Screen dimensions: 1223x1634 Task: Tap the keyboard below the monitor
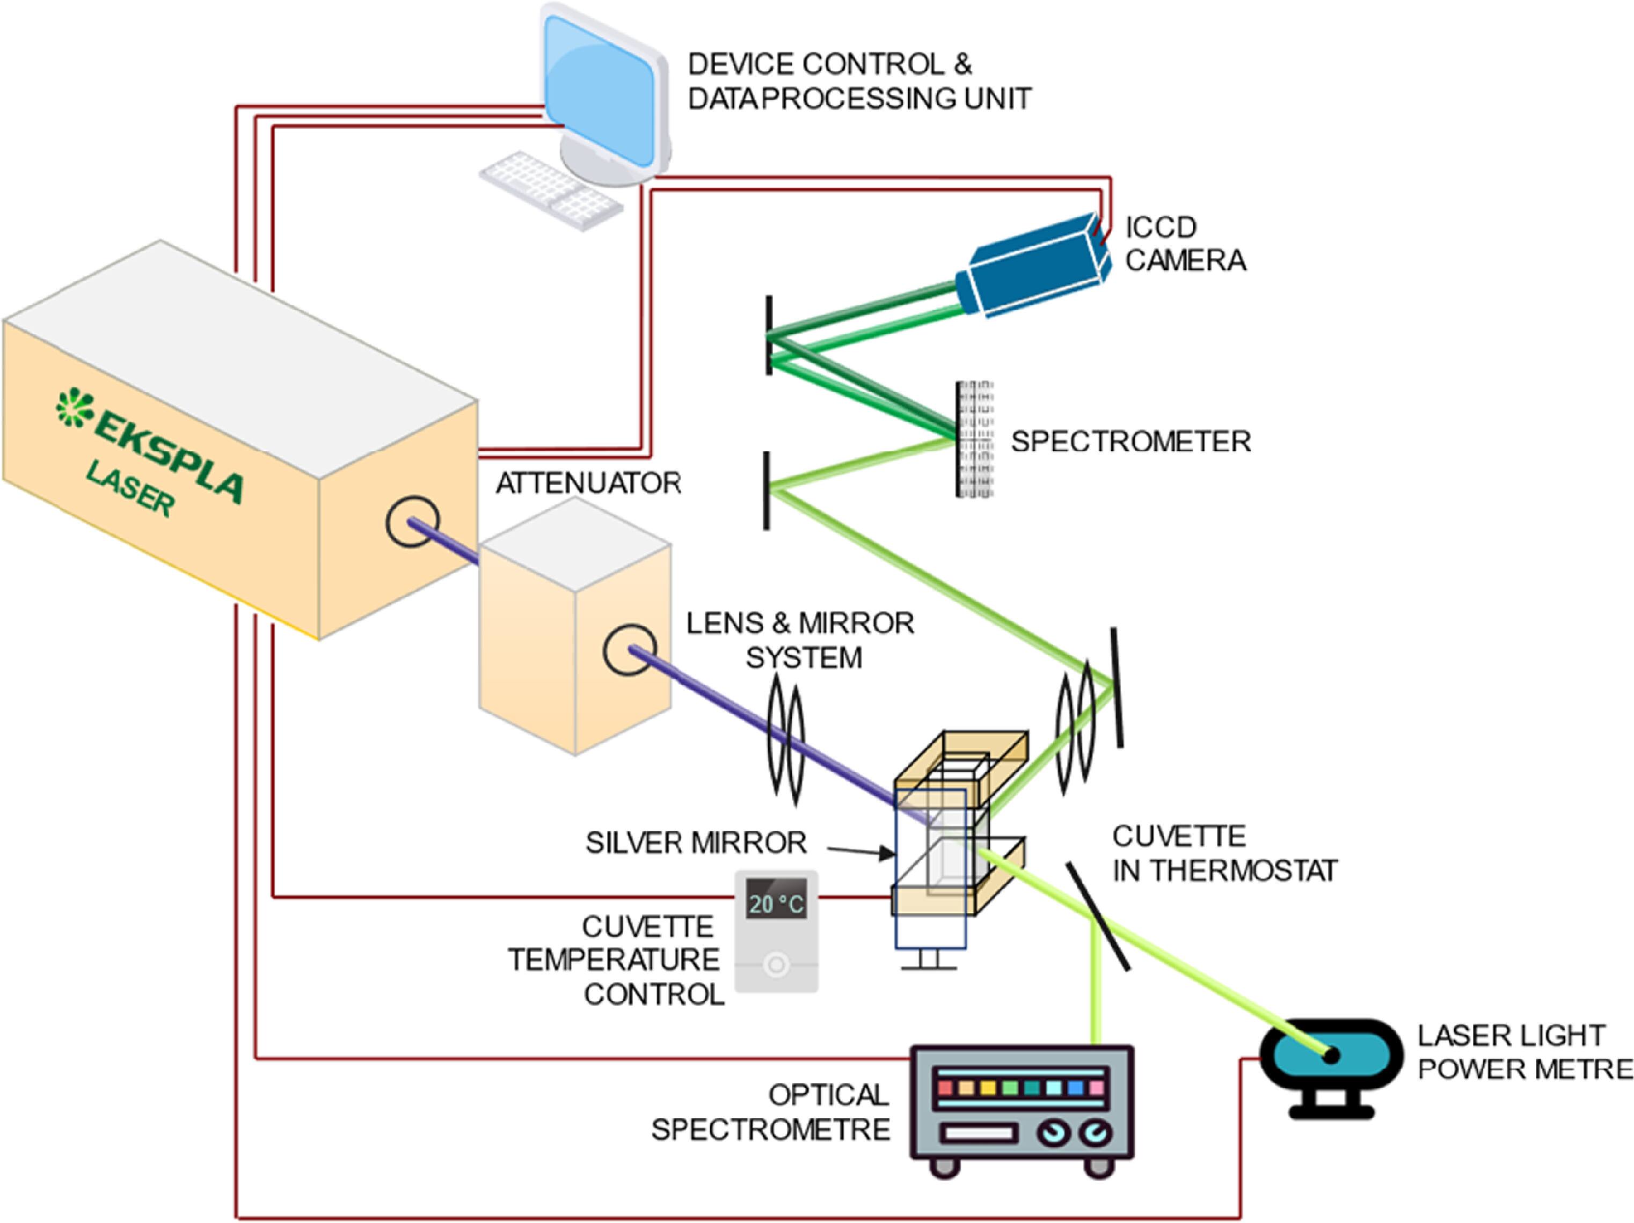point(550,190)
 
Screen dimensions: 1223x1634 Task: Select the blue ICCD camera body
point(1034,266)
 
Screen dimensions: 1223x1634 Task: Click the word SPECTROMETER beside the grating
point(1130,442)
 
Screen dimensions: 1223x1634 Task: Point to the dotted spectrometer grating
point(974,440)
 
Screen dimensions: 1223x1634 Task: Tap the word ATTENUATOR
point(588,484)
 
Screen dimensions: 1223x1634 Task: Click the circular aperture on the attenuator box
point(629,649)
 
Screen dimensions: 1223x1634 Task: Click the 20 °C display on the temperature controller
point(776,903)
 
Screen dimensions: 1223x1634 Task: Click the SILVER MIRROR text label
point(695,843)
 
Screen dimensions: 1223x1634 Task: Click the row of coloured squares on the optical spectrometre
point(1019,1088)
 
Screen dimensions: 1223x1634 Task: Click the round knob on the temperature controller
point(776,964)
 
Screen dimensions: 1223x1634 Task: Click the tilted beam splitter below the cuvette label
point(1097,916)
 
